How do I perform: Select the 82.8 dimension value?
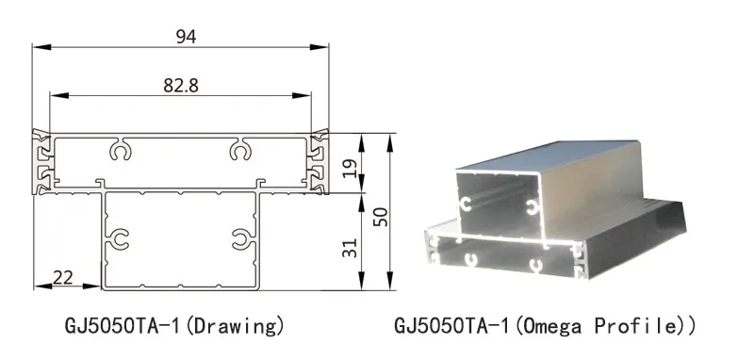pos(180,85)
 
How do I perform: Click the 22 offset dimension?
pos(63,277)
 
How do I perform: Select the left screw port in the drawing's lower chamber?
pos(119,239)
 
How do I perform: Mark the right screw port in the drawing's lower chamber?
pos(242,239)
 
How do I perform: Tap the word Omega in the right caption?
pos(556,327)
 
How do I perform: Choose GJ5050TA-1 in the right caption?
pos(451,327)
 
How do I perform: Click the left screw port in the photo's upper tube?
pos(466,204)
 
